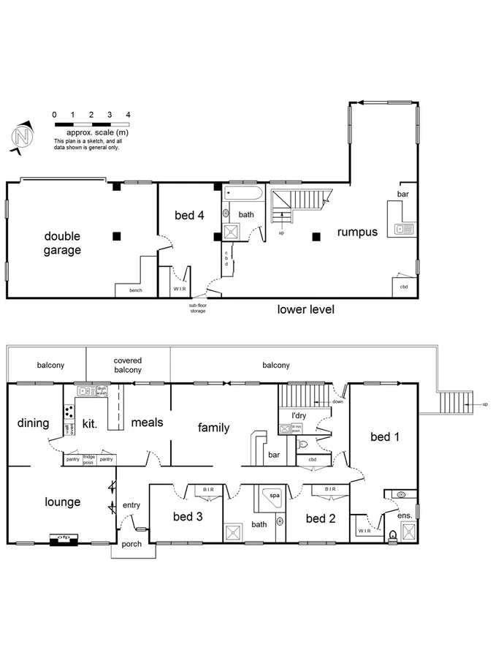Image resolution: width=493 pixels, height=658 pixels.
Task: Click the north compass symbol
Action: click(x=23, y=137)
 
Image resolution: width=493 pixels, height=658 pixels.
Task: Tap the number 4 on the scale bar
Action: click(x=128, y=115)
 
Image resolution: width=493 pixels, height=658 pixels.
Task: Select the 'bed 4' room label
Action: click(x=189, y=215)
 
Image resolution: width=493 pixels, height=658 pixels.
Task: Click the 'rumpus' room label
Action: click(x=357, y=232)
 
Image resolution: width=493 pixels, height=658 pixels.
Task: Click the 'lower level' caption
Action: click(x=306, y=309)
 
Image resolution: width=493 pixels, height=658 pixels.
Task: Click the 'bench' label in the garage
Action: click(x=136, y=290)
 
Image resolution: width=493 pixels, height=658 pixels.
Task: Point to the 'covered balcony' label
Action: click(x=128, y=365)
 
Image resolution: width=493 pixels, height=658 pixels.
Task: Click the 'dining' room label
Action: click(x=32, y=423)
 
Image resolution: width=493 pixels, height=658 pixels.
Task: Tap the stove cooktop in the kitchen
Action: click(x=68, y=411)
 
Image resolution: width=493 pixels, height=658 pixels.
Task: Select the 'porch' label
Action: click(x=131, y=543)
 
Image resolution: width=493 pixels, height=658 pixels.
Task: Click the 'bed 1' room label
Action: click(x=386, y=436)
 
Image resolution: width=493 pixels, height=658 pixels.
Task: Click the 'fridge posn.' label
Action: click(x=89, y=459)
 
